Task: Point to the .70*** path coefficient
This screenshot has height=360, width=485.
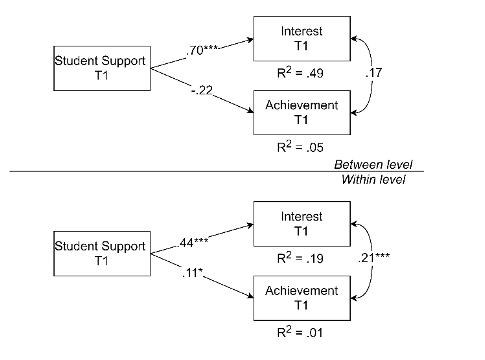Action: point(202,50)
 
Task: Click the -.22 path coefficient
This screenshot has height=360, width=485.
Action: point(202,90)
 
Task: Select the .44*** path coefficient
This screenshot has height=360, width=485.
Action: point(193,243)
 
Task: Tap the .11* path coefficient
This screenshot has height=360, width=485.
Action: point(192,273)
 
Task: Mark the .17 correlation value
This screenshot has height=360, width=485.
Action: point(374,73)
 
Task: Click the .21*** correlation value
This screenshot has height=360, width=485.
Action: point(374,258)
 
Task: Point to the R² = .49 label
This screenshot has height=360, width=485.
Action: point(300,73)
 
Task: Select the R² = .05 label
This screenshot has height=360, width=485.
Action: point(300,147)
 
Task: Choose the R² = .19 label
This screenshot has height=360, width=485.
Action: point(300,258)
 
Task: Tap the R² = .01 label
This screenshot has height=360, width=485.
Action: point(300,332)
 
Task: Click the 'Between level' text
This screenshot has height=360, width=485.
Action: point(373,164)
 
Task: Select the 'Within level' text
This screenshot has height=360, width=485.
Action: point(373,179)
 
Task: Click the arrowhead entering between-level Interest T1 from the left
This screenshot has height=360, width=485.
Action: point(250,40)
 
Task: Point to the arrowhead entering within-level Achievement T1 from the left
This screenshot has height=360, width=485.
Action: point(250,296)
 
